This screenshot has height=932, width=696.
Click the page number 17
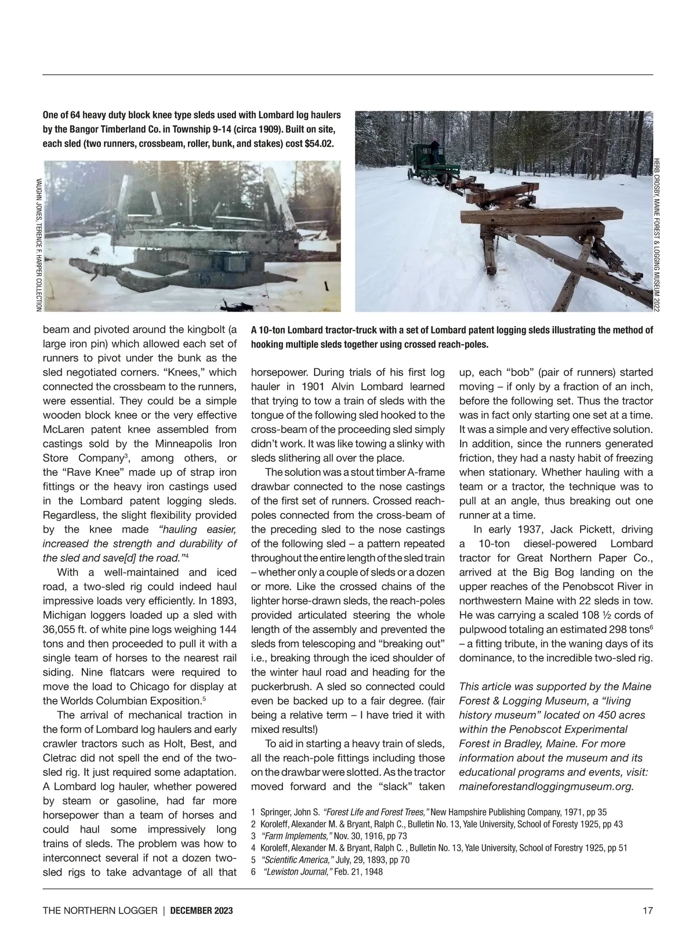click(648, 911)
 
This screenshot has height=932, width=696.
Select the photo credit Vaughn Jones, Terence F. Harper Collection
click(39, 244)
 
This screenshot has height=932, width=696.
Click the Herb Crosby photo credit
click(657, 235)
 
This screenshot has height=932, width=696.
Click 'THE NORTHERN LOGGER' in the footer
click(100, 911)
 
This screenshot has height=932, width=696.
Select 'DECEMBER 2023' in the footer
click(201, 911)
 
